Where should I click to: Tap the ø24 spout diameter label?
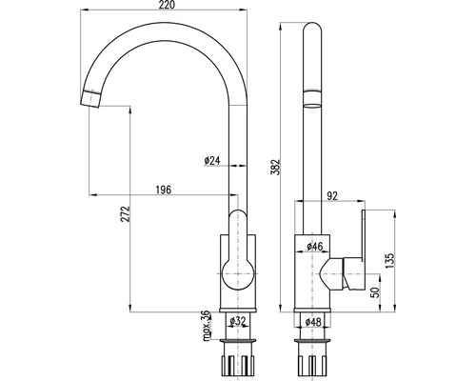(212, 161)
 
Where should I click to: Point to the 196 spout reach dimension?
(164, 190)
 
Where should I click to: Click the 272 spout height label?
(126, 213)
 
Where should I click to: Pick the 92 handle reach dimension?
(331, 196)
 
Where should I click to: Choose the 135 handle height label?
(389, 260)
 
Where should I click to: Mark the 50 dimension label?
(375, 292)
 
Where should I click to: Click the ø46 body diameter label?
(314, 246)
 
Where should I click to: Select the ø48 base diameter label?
(313, 322)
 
